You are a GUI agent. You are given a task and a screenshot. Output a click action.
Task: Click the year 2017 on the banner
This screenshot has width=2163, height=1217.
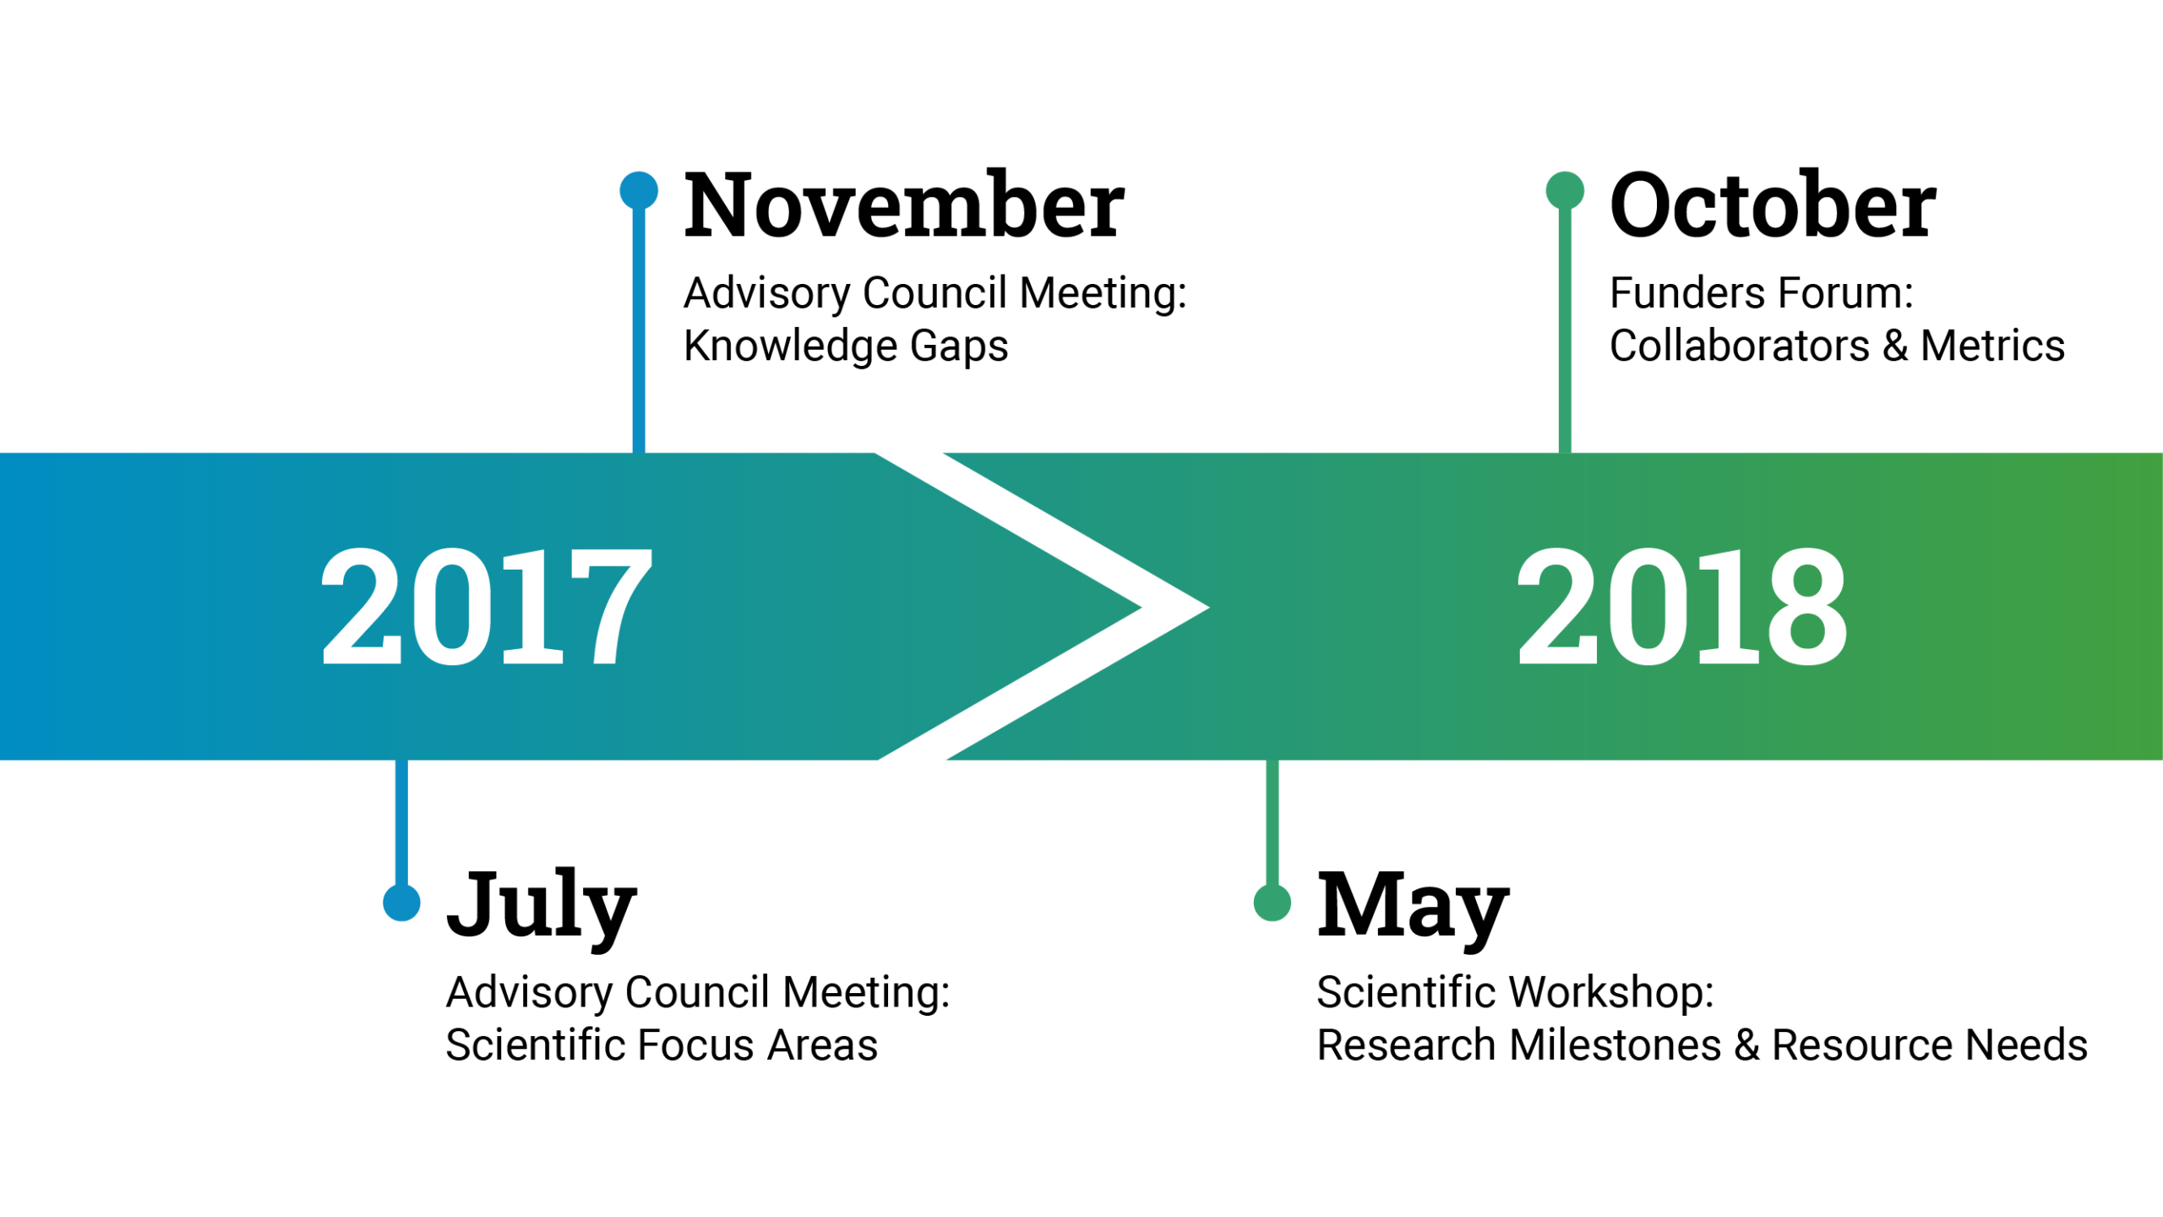(487, 606)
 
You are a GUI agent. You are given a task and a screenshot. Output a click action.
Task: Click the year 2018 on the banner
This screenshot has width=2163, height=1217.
(1681, 606)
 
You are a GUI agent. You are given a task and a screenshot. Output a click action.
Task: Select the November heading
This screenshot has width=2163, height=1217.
(904, 205)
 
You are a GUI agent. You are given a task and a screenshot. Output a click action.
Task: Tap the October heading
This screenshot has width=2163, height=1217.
(1773, 205)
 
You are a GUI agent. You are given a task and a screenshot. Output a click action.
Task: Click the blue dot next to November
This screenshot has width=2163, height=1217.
(639, 190)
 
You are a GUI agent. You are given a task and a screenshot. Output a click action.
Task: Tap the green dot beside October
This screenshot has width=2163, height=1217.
(1565, 190)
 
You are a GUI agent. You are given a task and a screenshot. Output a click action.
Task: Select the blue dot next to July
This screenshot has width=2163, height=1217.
(401, 903)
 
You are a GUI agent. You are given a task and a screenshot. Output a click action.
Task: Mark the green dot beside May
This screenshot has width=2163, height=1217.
(1272, 903)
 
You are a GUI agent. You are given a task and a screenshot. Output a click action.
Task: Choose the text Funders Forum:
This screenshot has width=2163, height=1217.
(1762, 293)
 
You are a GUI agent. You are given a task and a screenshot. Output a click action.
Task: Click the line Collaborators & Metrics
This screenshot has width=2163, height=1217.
(1838, 346)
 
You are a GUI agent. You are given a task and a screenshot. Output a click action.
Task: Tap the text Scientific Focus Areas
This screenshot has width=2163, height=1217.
(662, 1045)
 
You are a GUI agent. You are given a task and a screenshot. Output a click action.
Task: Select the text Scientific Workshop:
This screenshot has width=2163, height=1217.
(1516, 993)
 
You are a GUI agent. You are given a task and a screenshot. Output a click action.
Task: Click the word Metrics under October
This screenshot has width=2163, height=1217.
(1993, 346)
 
